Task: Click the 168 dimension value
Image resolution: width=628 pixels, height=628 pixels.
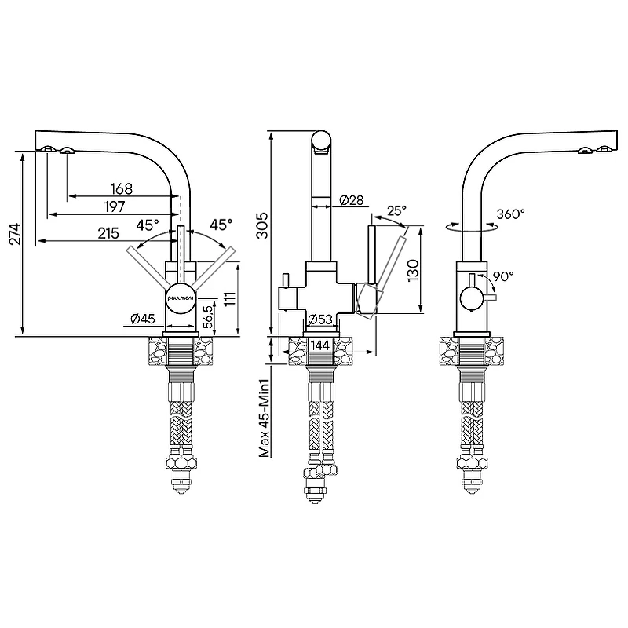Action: [121, 188]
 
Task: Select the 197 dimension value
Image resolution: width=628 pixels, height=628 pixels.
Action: [115, 207]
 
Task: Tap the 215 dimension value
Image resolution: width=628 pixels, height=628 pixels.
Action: [108, 233]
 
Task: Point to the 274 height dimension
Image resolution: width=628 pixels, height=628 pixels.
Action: [15, 234]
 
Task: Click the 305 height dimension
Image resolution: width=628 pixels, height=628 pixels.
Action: [263, 225]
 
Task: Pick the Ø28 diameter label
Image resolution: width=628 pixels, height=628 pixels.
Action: [352, 200]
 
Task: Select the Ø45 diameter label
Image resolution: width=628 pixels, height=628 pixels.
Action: [143, 319]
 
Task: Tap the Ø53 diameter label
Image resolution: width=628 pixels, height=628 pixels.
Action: [320, 319]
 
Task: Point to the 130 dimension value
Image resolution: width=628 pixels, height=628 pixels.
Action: [413, 270]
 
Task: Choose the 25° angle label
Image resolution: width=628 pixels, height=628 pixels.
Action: [396, 210]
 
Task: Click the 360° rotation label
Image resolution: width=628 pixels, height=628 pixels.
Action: [511, 214]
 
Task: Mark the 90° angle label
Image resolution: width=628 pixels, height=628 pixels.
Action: [503, 276]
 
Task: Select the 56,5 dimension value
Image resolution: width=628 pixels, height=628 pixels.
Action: [208, 317]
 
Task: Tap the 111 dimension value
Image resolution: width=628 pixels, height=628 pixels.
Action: [229, 298]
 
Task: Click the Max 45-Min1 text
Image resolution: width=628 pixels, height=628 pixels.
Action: [264, 418]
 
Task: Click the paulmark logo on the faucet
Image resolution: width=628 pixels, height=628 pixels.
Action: [181, 298]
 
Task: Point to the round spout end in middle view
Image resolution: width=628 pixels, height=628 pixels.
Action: [322, 141]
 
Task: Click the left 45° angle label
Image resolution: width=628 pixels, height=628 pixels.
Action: [148, 225]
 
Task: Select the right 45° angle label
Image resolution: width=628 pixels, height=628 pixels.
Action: [221, 225]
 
